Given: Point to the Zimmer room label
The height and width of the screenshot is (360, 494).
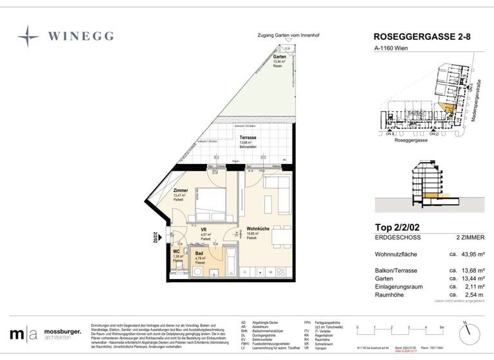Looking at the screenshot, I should click(181, 191).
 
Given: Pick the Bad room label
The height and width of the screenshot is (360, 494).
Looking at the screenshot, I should click(199, 254).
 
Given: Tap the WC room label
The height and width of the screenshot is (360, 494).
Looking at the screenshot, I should click(176, 252).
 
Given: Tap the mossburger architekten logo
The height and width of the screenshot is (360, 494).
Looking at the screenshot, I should click(45, 334).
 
